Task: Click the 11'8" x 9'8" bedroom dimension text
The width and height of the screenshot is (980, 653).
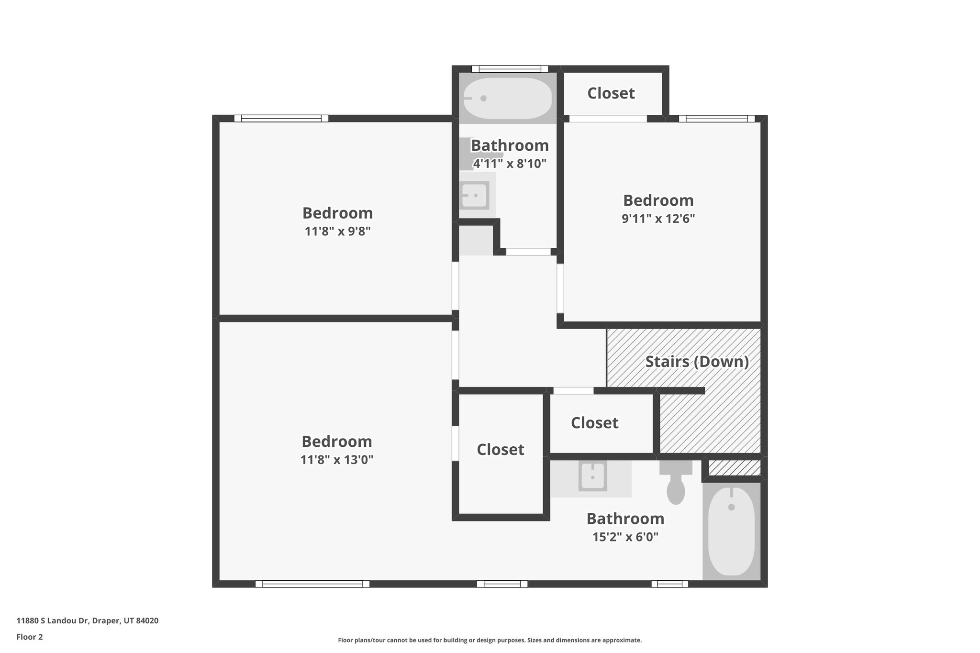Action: click(337, 232)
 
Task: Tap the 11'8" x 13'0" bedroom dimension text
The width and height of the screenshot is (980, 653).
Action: click(337, 460)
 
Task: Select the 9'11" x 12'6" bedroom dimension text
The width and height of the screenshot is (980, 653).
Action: click(658, 219)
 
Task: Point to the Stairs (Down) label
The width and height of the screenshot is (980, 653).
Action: click(697, 361)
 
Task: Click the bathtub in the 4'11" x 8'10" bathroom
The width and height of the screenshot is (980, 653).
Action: click(508, 99)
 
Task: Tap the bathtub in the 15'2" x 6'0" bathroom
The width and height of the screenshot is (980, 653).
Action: click(731, 531)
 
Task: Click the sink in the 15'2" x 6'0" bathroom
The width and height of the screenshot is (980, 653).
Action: click(592, 476)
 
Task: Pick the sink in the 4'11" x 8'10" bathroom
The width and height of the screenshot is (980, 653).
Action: click(474, 195)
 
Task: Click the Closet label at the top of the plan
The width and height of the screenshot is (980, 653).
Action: click(611, 93)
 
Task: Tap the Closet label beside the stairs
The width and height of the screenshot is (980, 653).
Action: click(594, 423)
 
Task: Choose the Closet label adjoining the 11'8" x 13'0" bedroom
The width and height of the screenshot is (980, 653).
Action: click(500, 450)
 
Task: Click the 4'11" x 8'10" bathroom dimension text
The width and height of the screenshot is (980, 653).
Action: click(510, 164)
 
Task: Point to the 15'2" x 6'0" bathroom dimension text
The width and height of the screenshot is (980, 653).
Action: click(625, 537)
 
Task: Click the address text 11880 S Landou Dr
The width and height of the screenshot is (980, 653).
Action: click(87, 621)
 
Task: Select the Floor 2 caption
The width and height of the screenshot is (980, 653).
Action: click(30, 637)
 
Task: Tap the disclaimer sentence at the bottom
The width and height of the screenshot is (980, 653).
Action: click(490, 640)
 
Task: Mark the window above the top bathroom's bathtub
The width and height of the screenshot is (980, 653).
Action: click(510, 69)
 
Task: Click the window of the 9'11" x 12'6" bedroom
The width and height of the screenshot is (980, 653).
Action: click(716, 119)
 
